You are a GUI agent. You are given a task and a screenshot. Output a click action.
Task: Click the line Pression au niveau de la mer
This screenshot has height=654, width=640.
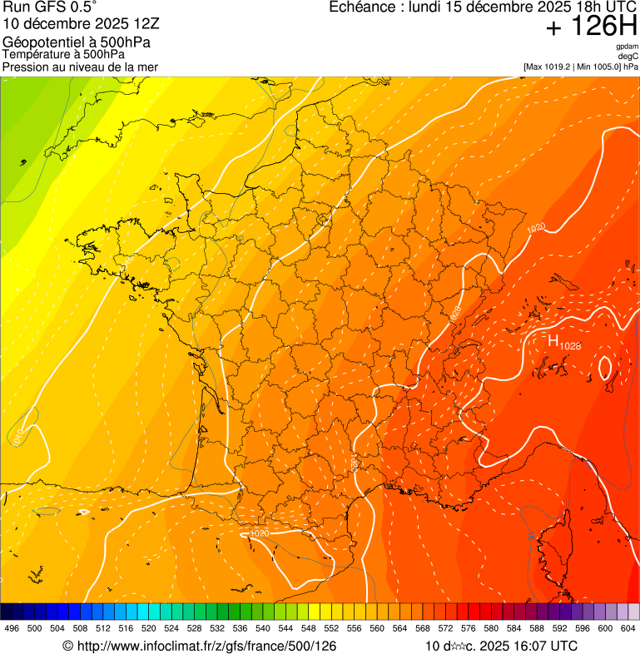click(x=80, y=67)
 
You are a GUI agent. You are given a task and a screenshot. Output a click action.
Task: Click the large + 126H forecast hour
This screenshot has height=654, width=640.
click(x=591, y=27)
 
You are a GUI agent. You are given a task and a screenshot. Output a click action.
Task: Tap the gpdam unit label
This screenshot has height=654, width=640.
click(x=627, y=47)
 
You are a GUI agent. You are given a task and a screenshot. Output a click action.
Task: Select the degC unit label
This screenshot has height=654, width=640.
click(x=628, y=56)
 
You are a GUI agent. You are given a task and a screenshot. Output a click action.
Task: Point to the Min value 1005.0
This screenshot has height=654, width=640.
click(x=608, y=67)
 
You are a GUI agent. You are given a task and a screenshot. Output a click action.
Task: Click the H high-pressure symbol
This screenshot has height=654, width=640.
click(x=553, y=339)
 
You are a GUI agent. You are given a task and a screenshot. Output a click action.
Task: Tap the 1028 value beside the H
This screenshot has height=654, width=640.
click(x=570, y=345)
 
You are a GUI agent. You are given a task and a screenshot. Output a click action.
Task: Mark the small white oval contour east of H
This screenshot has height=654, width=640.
click(x=605, y=366)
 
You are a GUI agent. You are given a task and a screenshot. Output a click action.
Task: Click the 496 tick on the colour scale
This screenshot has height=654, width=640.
click(x=12, y=628)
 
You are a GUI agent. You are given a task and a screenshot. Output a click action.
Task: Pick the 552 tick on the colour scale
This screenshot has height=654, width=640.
click(x=331, y=628)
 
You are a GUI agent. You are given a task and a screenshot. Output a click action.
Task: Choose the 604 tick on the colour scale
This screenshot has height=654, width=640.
click(x=628, y=628)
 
